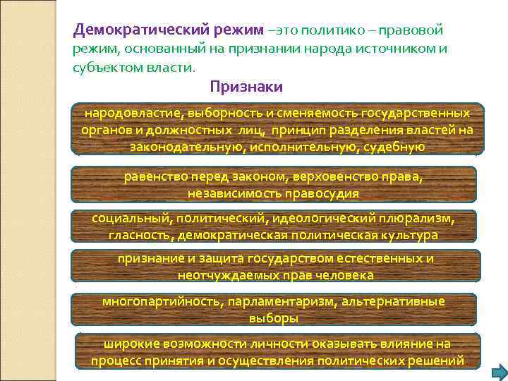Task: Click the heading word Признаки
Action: click(x=246, y=87)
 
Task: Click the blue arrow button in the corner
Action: click(x=498, y=371)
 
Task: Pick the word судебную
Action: click(x=393, y=146)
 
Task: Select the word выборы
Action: click(x=274, y=318)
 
